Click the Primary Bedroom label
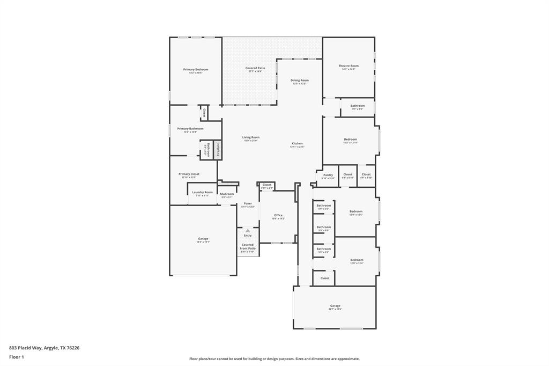point(196,70)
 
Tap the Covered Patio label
point(255,69)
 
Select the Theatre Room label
point(348,66)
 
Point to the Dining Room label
point(300,80)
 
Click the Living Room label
point(251,137)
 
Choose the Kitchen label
point(297,144)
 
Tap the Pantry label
point(328,175)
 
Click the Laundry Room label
point(203,192)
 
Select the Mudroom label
point(227,194)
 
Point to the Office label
point(278,215)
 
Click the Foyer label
point(248,204)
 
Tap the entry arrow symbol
point(248,230)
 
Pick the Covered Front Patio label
point(248,247)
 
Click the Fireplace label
point(218,149)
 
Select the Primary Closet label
point(189,174)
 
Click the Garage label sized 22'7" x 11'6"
point(335,306)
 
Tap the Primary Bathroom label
point(190,129)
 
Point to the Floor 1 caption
point(17,357)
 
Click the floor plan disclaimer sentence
point(274,359)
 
